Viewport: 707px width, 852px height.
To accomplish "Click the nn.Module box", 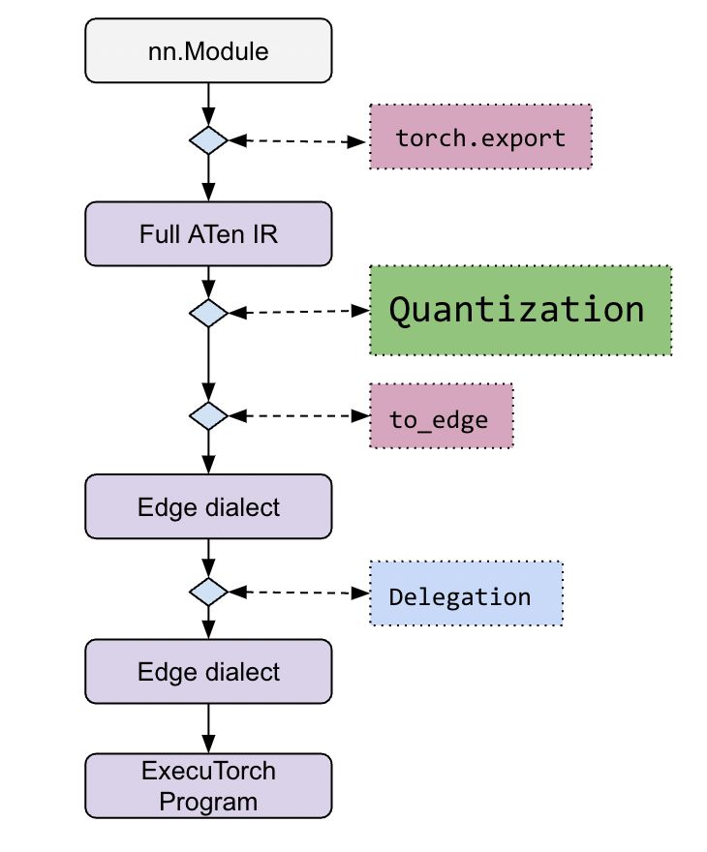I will (208, 50).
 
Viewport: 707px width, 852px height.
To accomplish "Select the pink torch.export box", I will (480, 138).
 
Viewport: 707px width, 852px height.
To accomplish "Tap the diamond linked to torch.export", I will (208, 140).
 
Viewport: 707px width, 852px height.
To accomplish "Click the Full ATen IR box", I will (208, 233).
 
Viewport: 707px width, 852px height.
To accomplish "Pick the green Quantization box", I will (519, 310).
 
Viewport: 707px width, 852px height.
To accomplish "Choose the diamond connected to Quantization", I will (208, 313).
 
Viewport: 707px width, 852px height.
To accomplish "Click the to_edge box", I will (441, 416).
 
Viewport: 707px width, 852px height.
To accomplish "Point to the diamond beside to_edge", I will (208, 416).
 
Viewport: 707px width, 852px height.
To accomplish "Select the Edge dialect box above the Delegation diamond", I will (208, 506).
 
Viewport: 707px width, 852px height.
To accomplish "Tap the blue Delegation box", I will (465, 593).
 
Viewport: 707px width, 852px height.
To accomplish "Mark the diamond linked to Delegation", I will (208, 591).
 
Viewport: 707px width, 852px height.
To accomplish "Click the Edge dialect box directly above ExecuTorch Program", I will (208, 672).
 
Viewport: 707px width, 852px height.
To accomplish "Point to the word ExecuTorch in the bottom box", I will (208, 772).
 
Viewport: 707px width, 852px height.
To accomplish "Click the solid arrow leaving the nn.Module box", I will (208, 102).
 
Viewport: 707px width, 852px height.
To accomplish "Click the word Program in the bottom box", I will (208, 802).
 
